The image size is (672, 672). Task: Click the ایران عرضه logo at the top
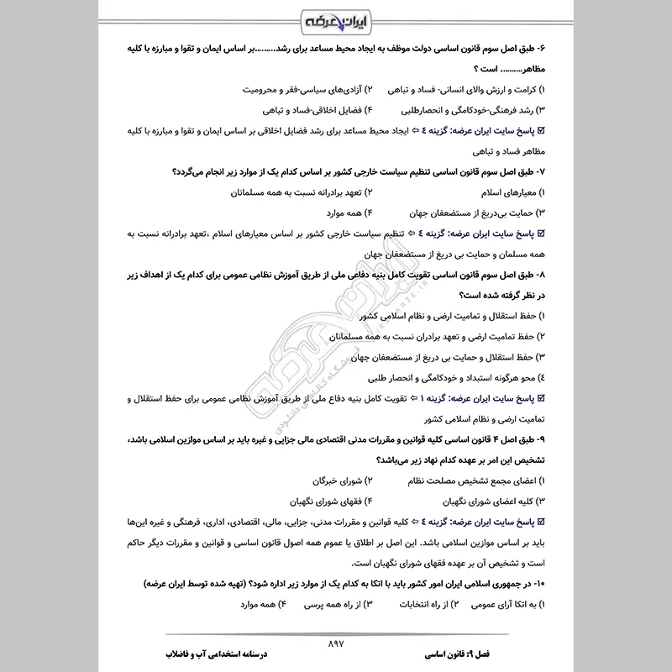pyautogui.click(x=336, y=21)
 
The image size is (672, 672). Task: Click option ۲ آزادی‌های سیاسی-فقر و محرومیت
pyautogui.click(x=298, y=89)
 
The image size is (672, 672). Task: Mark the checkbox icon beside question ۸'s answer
pyautogui.click(x=540, y=399)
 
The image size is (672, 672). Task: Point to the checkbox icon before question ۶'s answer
pyautogui.click(x=540, y=131)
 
